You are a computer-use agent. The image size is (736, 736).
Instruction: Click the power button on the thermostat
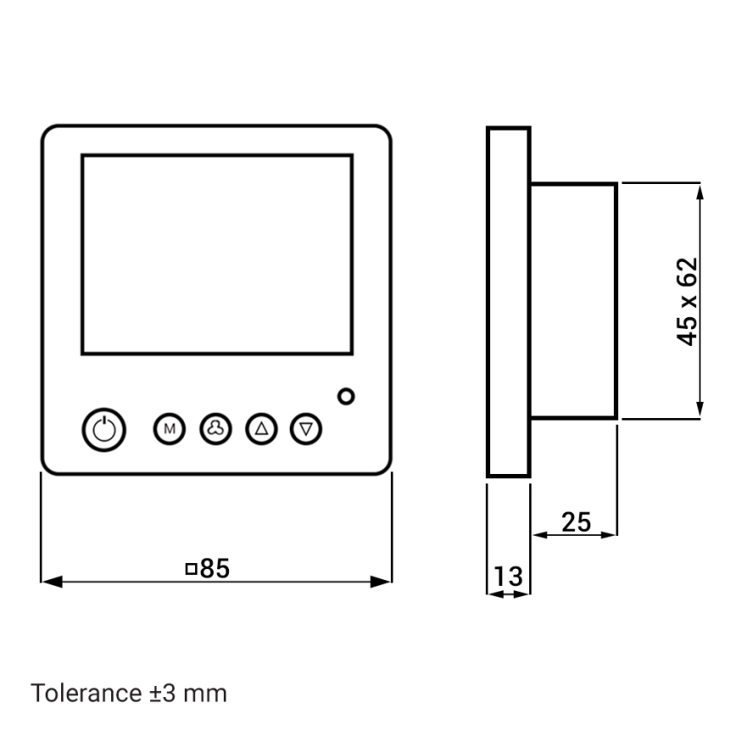click(x=103, y=429)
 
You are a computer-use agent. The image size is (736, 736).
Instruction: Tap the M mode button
click(x=169, y=429)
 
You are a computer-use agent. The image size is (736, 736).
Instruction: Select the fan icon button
click(x=215, y=429)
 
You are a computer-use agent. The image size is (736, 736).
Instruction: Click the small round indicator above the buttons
click(x=346, y=396)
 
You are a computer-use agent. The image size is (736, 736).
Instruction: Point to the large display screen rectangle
click(x=216, y=254)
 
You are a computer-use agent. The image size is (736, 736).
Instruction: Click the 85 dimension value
click(x=215, y=569)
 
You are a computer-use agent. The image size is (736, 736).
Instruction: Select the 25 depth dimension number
click(x=576, y=522)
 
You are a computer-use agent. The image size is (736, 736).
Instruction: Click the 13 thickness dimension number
click(x=508, y=577)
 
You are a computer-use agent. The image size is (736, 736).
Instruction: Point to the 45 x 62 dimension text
click(x=688, y=301)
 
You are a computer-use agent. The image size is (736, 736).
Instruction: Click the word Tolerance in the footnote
click(x=83, y=693)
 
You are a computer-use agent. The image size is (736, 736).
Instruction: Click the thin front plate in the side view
click(x=508, y=302)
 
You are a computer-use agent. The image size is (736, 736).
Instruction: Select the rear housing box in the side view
click(x=573, y=301)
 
